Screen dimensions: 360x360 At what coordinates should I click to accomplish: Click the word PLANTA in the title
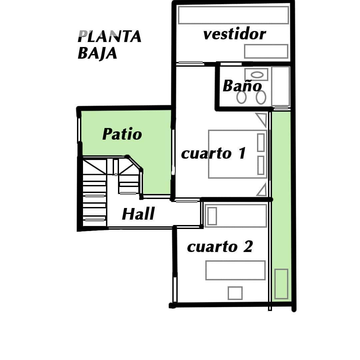[110, 37]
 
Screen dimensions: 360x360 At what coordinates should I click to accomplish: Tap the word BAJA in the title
[97, 53]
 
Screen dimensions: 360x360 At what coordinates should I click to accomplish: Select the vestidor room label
[234, 34]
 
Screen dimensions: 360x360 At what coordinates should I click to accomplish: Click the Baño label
[242, 86]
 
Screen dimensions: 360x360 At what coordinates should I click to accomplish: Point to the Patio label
[122, 134]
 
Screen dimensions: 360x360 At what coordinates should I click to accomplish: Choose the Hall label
[138, 214]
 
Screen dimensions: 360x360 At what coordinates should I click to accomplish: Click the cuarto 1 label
[214, 153]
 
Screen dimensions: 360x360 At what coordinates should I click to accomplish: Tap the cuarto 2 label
[220, 247]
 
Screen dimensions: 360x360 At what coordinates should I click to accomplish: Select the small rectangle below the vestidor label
[266, 51]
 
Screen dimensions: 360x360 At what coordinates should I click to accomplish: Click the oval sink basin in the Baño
[257, 75]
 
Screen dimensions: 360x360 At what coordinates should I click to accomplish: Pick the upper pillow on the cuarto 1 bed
[261, 142]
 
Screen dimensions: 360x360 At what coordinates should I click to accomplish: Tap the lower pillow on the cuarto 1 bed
[261, 165]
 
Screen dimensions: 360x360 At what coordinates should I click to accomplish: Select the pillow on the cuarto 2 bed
[212, 216]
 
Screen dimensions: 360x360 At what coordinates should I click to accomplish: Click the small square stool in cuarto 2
[235, 293]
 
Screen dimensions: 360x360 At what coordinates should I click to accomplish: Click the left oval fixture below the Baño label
[242, 97]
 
